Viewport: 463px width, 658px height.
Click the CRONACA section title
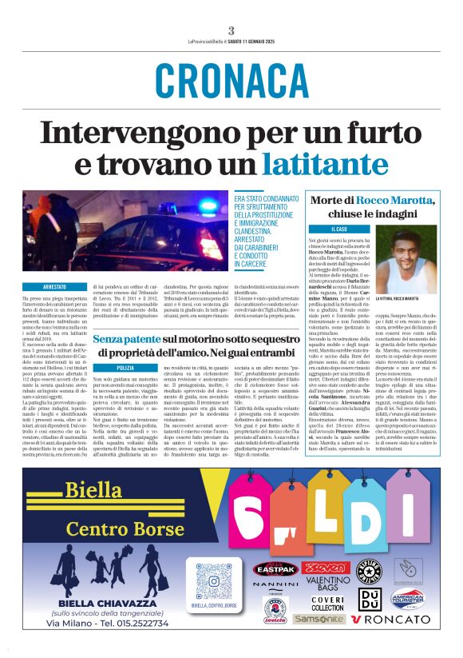231,80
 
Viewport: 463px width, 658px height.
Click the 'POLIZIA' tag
126,366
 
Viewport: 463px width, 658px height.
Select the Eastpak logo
276,570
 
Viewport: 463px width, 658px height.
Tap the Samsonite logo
319,619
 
